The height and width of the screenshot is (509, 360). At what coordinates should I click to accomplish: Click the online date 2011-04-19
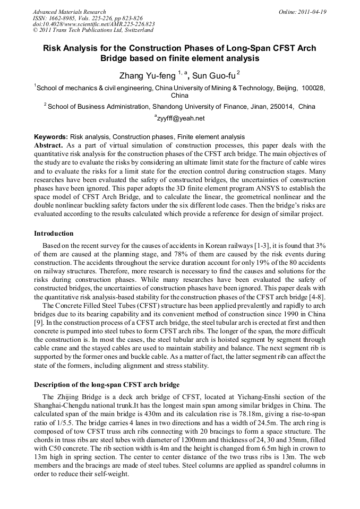[310, 12]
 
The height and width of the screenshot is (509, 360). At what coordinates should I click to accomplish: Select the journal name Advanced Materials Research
[69, 12]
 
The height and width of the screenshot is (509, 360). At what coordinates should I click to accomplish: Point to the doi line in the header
[93, 24]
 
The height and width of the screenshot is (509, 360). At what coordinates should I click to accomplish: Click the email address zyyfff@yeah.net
[181, 118]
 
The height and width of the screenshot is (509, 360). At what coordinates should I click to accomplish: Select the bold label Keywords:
[50, 137]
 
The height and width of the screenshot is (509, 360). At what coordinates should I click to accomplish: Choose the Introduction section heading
[54, 234]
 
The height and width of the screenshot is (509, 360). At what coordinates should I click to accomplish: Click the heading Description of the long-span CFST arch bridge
[107, 384]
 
